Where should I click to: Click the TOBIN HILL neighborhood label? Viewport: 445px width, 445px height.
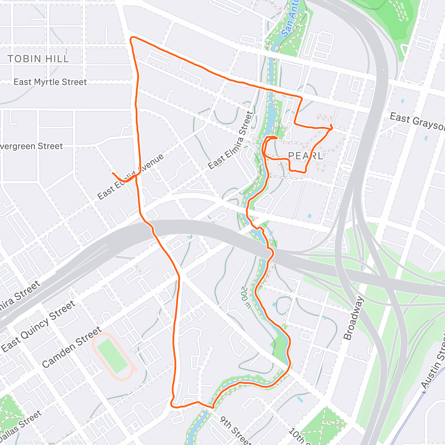pos(38,59)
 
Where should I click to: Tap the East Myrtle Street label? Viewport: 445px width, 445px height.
pos(50,82)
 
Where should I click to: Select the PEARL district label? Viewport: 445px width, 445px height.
pos(306,155)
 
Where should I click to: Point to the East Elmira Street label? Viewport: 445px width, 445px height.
pos(230,141)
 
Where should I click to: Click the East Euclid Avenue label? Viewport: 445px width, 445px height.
pos(130,177)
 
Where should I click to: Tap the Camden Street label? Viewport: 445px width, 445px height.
pos(72,347)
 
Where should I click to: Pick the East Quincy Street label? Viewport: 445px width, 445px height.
pos(38,327)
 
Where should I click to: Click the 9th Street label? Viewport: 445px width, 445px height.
pos(236,431)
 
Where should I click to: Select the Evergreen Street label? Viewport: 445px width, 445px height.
pos(31,146)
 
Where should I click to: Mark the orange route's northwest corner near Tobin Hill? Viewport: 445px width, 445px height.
pos(131,38)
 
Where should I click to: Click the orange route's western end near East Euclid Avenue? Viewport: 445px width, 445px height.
pos(112,173)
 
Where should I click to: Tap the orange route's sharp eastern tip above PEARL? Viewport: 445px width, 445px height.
pos(331,128)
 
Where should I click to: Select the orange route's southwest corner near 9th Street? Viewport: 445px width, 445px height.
pos(172,405)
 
